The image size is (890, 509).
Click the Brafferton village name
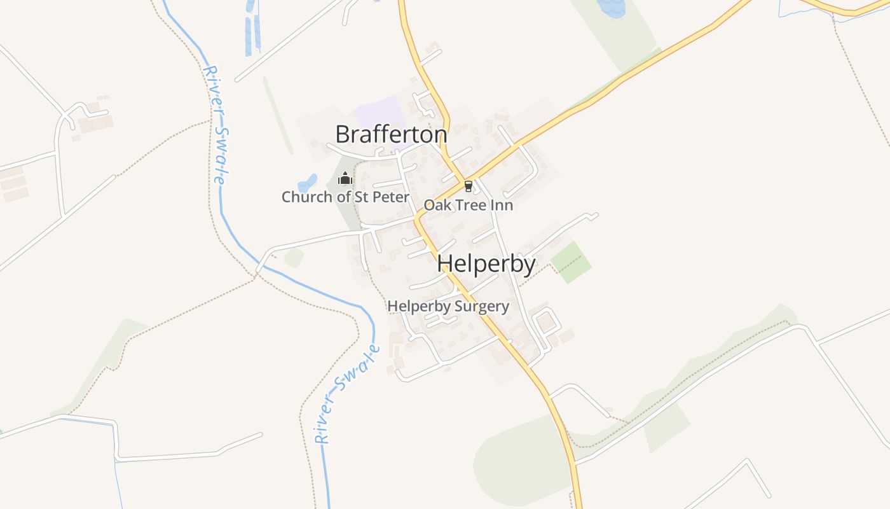(391, 134)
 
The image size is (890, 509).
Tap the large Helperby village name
(486, 263)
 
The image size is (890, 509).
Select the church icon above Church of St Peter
(345, 178)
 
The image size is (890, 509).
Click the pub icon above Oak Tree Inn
(469, 186)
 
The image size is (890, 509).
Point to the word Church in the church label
(307, 197)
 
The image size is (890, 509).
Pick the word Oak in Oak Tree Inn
(436, 205)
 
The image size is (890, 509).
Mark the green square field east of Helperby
(570, 261)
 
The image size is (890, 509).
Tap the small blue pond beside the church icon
(308, 183)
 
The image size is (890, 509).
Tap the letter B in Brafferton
(342, 134)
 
